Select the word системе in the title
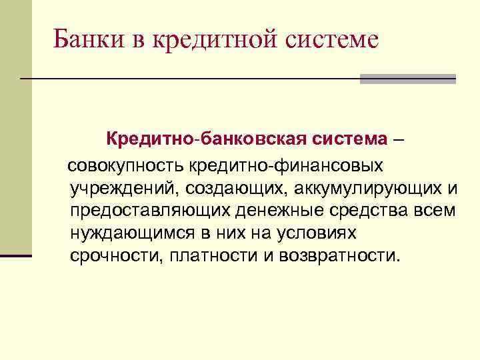coord(332,39)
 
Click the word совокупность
coord(127,165)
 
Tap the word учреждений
coord(121,188)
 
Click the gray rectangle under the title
coord(407,79)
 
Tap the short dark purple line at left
coord(16,255)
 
